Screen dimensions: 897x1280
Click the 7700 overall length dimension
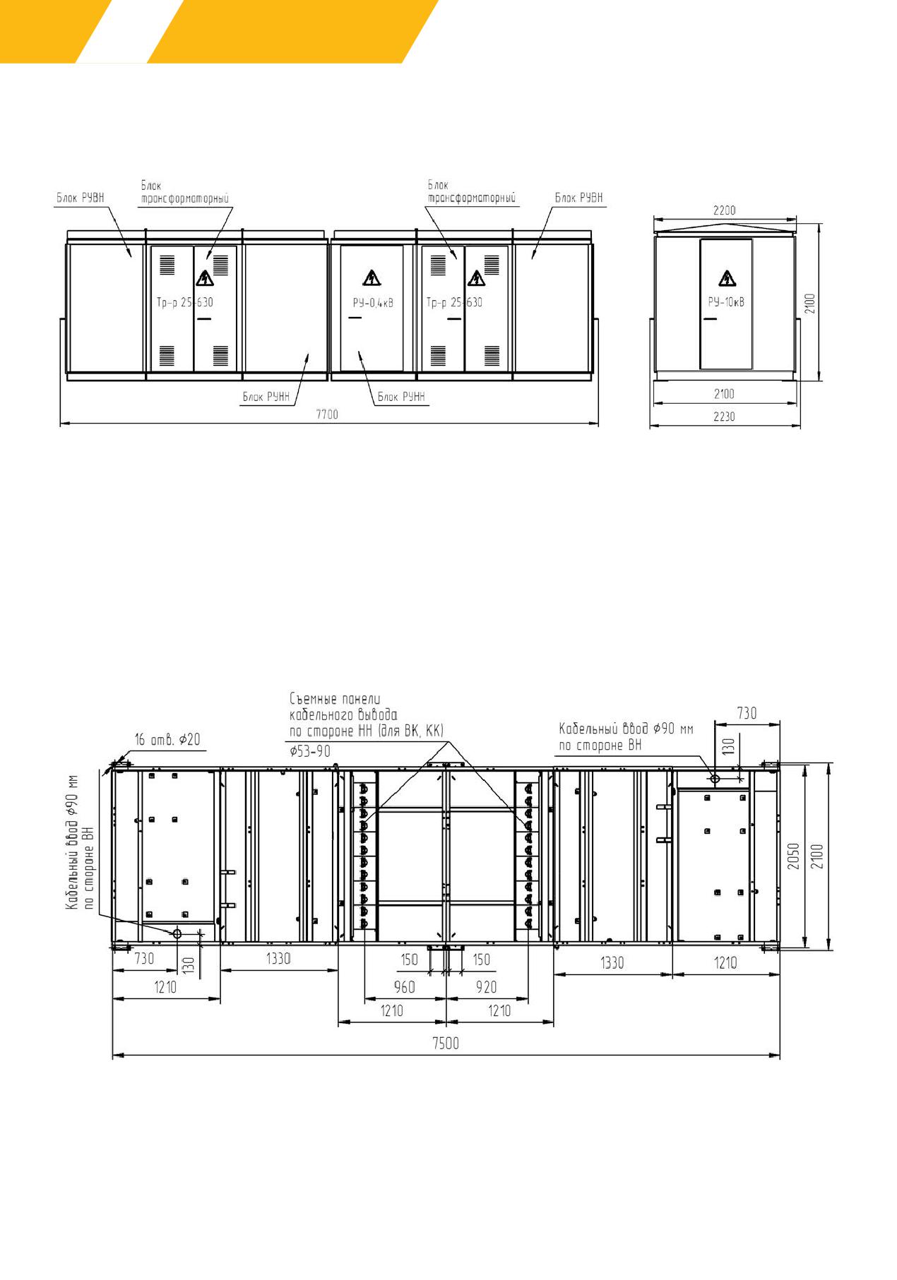click(x=327, y=414)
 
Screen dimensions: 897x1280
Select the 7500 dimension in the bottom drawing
click(x=446, y=1043)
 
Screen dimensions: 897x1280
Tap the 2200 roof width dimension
click(x=725, y=210)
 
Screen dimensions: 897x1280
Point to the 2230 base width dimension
click(x=724, y=417)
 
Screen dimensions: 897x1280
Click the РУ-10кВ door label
click(x=726, y=302)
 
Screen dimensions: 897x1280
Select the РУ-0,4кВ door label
click(x=373, y=303)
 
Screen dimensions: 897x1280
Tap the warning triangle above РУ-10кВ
click(x=727, y=279)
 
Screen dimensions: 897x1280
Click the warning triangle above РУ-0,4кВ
click(x=372, y=277)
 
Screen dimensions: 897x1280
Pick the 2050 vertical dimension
click(x=794, y=856)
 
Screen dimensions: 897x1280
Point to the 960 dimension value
click(x=405, y=987)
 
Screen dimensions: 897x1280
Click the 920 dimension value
click(x=486, y=987)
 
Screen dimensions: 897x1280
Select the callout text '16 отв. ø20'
click(x=167, y=739)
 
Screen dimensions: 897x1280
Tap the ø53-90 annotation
click(x=310, y=751)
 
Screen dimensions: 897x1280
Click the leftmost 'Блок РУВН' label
click(x=81, y=198)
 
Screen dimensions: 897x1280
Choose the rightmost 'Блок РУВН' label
click(x=579, y=198)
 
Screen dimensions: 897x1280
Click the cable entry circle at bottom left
click(x=177, y=933)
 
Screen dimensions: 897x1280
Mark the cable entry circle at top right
click(x=715, y=779)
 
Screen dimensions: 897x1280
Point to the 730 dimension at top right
click(x=747, y=713)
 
